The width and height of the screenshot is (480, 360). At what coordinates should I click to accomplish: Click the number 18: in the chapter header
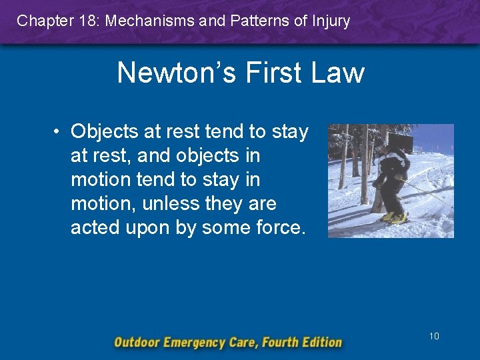click(x=85, y=21)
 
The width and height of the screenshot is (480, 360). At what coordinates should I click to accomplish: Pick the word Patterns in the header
click(x=261, y=21)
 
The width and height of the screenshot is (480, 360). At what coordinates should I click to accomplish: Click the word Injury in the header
click(x=329, y=21)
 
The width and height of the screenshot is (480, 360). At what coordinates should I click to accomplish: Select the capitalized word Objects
click(x=107, y=132)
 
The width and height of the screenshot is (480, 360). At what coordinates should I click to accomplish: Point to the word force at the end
click(x=280, y=228)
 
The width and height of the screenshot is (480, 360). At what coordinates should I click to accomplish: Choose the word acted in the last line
click(x=94, y=228)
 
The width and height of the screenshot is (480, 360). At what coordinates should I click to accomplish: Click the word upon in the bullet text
click(x=145, y=228)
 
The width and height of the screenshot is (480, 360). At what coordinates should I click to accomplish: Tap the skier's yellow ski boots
click(x=393, y=217)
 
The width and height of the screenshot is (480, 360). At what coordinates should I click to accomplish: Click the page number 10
click(x=434, y=336)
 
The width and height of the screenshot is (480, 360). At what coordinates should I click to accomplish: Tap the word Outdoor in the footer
click(x=138, y=343)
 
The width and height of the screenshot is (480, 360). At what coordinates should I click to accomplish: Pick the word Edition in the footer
click(x=319, y=343)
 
